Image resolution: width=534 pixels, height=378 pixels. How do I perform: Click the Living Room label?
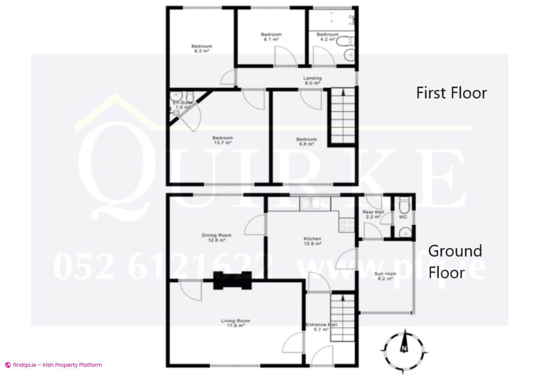click(236, 323)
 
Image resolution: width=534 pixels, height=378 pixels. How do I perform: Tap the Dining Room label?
click(216, 237)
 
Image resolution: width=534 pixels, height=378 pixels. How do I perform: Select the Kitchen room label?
click(312, 241)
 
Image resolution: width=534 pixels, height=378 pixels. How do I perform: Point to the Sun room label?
click(385, 276)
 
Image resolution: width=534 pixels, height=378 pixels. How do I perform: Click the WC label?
click(403, 217)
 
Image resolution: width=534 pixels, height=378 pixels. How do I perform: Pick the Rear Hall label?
click(373, 214)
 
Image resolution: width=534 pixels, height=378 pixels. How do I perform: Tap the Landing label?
click(312, 80)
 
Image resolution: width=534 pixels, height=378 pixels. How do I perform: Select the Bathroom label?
click(327, 37)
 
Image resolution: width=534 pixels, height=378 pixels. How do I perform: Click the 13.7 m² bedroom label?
click(222, 140)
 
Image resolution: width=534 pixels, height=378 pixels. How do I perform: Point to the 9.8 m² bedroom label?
click(306, 141)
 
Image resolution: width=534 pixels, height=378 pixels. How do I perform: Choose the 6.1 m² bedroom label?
click(271, 37)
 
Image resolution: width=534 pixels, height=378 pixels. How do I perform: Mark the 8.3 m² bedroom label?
click(201, 48)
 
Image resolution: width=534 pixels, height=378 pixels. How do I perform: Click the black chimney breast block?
click(233, 280)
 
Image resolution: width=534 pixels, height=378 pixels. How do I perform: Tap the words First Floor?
click(451, 93)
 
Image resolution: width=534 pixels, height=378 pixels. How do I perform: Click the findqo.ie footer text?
click(57, 365)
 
